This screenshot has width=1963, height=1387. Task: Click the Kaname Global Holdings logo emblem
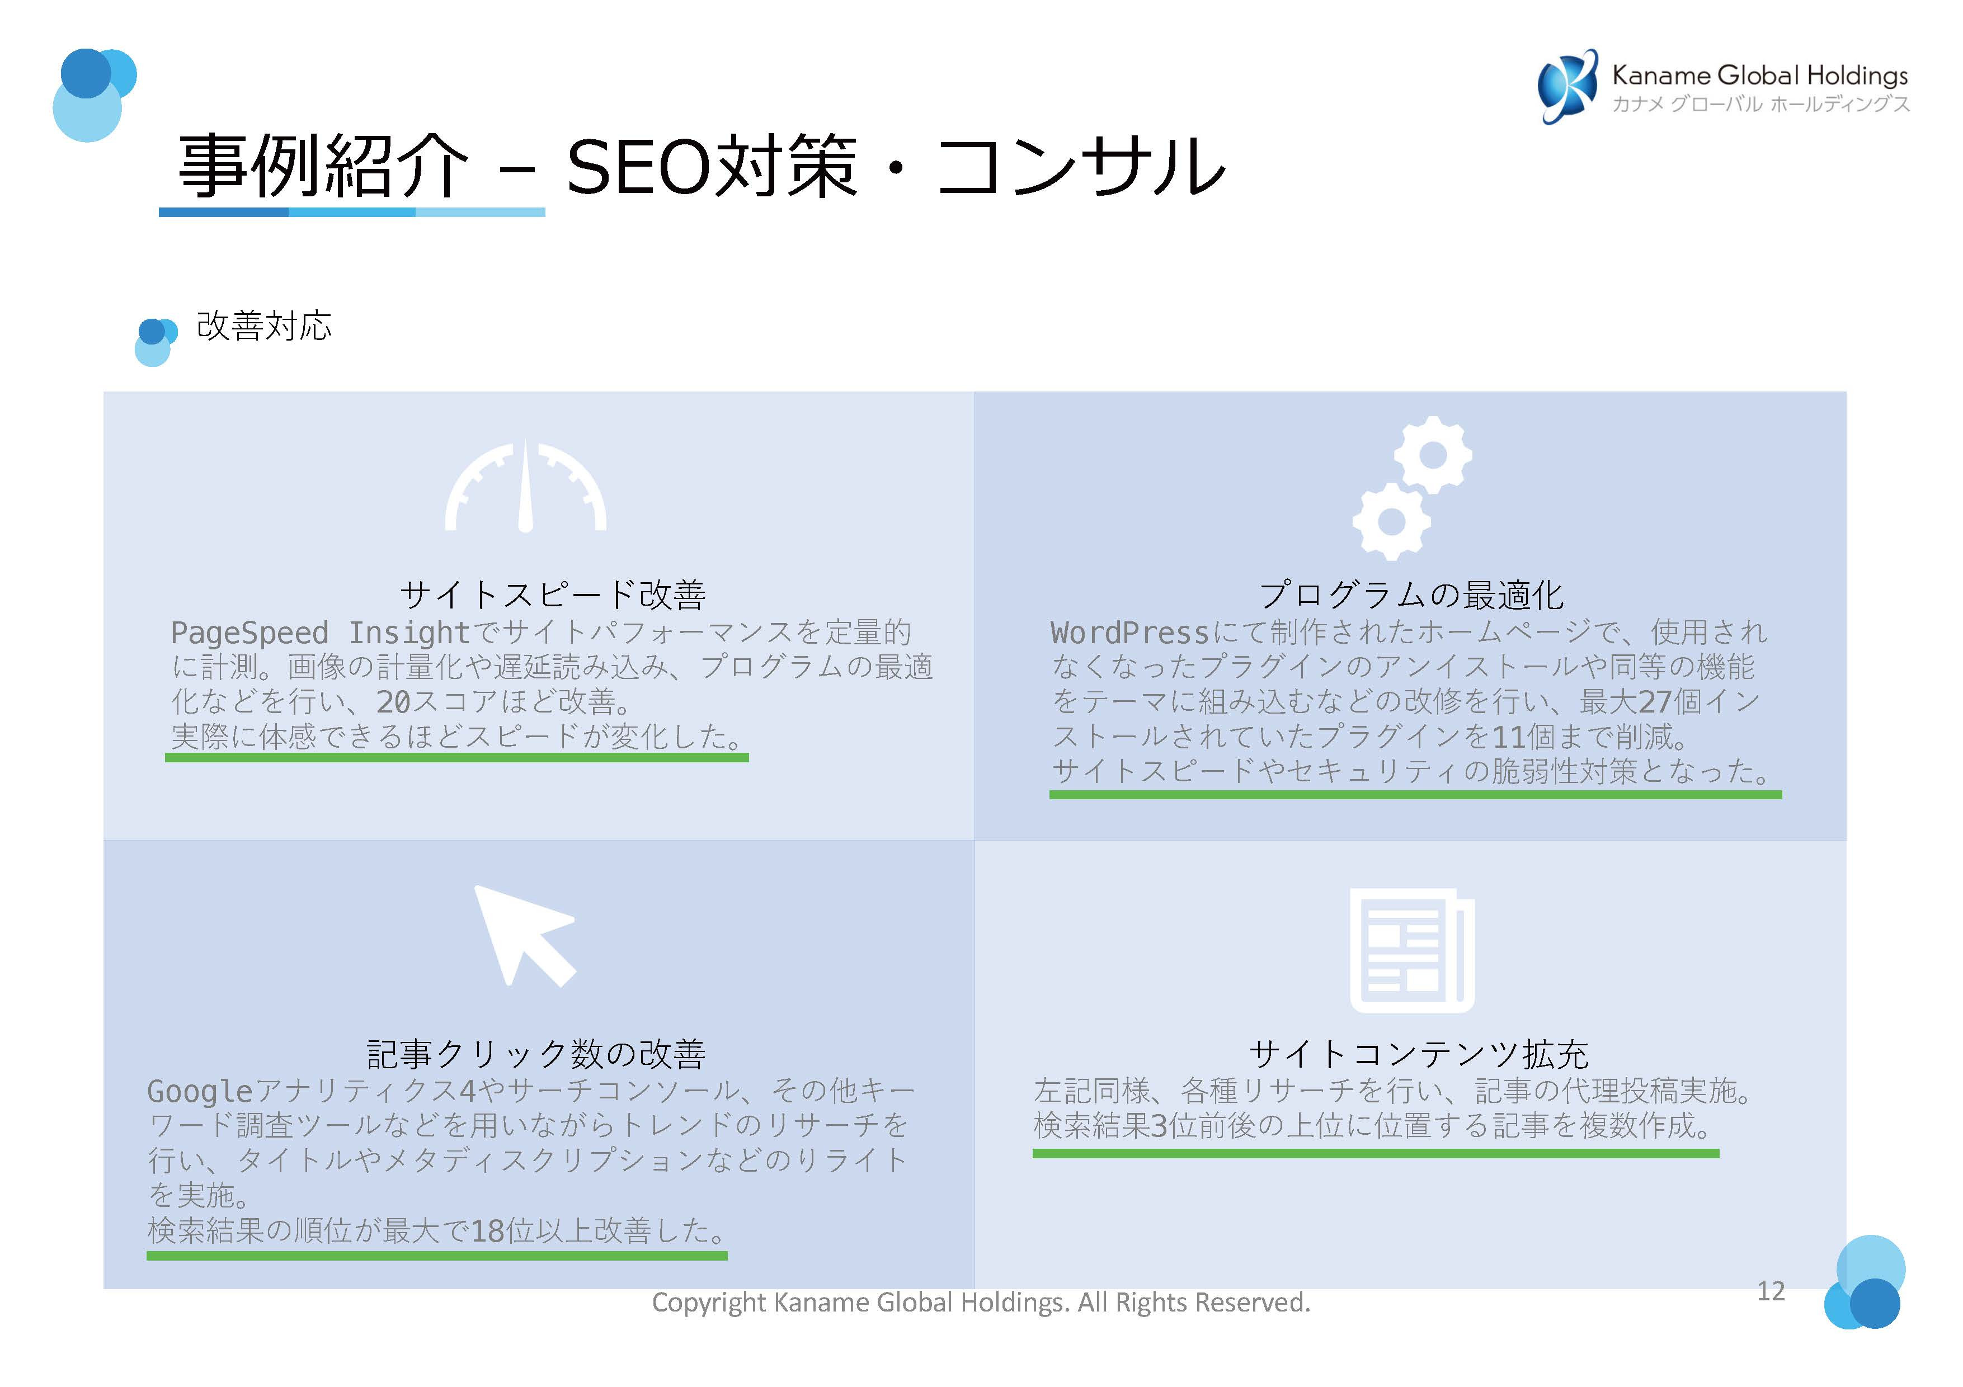click(x=1566, y=86)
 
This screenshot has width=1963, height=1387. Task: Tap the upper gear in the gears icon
click(x=1432, y=455)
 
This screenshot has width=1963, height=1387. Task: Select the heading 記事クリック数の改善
click(x=536, y=1054)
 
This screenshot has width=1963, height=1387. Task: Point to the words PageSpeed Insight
click(x=320, y=633)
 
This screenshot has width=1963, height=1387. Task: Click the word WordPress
click(x=1128, y=633)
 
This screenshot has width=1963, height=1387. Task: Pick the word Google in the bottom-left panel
click(x=200, y=1091)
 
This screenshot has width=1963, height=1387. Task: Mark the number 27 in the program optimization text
click(x=1654, y=702)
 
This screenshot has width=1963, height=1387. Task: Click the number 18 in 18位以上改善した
click(x=487, y=1232)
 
